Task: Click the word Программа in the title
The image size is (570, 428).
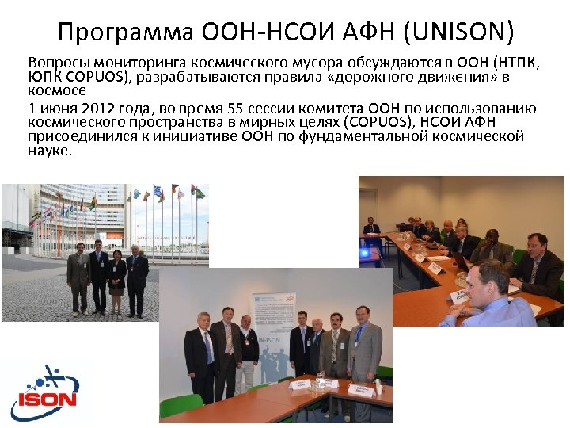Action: click(x=126, y=33)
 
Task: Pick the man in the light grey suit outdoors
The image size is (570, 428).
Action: click(x=79, y=277)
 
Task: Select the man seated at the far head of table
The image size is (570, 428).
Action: click(x=371, y=228)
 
